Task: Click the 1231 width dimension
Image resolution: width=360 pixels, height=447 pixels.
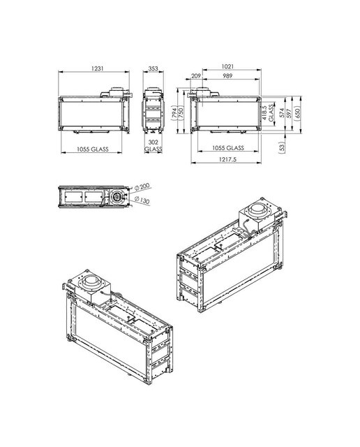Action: click(x=98, y=68)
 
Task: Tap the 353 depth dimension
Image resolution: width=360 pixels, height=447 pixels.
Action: click(x=153, y=68)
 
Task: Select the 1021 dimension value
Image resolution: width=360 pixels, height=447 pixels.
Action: click(x=227, y=66)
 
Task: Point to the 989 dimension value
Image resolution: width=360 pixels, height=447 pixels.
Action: click(x=227, y=76)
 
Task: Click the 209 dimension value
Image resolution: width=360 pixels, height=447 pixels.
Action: click(x=196, y=76)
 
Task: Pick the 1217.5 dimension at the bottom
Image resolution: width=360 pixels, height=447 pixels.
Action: click(x=228, y=159)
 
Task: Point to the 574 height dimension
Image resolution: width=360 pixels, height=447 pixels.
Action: click(x=282, y=113)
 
